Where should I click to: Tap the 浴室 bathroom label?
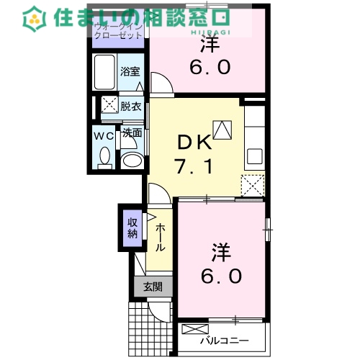coord(130,72)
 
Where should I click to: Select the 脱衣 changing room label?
coord(130,106)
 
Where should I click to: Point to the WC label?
coord(103,135)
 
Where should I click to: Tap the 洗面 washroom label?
coord(131,133)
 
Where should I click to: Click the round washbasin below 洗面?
coord(130,160)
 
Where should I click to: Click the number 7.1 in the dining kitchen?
coord(193,168)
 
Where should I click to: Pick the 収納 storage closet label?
coord(132,228)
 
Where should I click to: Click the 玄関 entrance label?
coord(152,287)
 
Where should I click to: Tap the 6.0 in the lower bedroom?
coord(221,276)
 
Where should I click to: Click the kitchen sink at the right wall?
coord(254,155)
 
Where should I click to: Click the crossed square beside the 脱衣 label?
coord(108,106)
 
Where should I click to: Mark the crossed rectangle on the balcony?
coord(194,330)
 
